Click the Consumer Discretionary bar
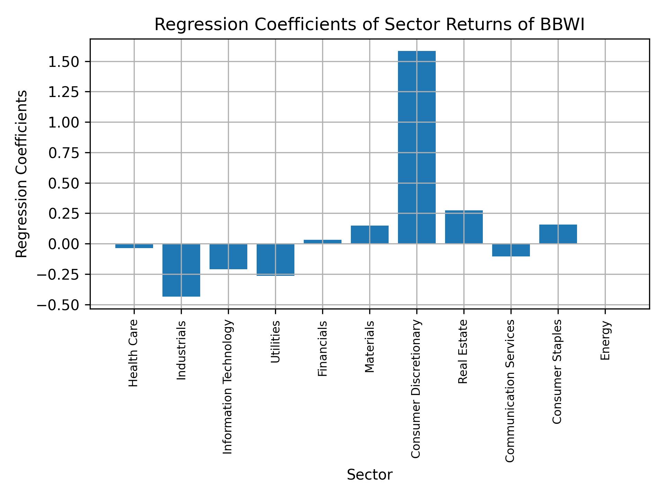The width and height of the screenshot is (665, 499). click(417, 147)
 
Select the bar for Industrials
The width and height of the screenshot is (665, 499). click(181, 270)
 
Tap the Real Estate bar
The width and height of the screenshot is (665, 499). click(464, 227)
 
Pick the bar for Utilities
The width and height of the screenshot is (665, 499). click(275, 260)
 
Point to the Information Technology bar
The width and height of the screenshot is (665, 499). click(228, 256)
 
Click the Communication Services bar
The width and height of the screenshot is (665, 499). click(511, 250)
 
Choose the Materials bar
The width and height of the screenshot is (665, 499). click(370, 235)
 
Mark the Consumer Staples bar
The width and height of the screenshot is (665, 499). click(558, 234)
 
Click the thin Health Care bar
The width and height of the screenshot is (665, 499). click(134, 246)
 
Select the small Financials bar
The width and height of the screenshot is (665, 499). click(322, 242)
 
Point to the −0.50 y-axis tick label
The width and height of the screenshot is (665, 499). click(58, 305)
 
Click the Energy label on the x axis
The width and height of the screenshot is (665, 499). click(605, 341)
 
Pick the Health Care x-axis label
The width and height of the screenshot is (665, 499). click(134, 353)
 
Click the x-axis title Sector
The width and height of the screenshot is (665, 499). click(370, 475)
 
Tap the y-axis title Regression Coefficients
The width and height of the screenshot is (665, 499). click(22, 174)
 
